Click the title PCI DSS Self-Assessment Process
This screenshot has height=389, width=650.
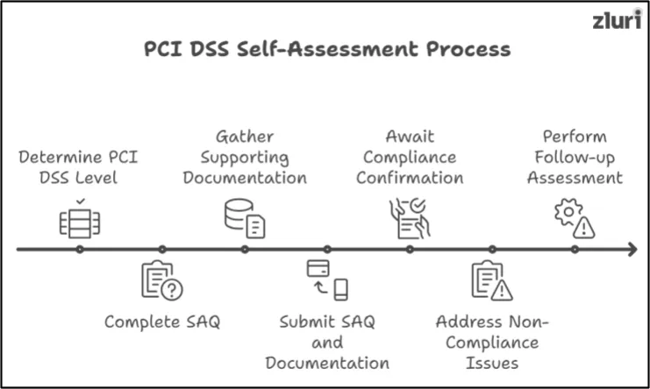tap(326, 48)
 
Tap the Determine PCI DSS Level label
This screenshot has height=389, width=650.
tap(79, 168)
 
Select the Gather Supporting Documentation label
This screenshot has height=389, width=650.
tap(246, 158)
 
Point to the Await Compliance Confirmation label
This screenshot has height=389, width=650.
tap(411, 158)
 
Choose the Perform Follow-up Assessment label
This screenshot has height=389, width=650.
tap(575, 158)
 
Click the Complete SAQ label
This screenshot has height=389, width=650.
tap(162, 322)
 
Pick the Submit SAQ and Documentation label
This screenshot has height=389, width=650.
tap(327, 342)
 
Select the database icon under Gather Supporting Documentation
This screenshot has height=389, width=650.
tap(245, 217)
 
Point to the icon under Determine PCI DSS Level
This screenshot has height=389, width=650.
tap(80, 219)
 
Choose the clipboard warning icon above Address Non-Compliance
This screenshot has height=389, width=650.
tap(491, 282)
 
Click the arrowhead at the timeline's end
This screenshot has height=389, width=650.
tap(632, 250)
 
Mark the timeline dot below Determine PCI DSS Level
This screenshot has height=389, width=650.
tap(80, 250)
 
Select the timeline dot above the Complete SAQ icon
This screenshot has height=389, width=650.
tap(162, 250)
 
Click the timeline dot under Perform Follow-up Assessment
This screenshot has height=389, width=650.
tap(575, 250)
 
